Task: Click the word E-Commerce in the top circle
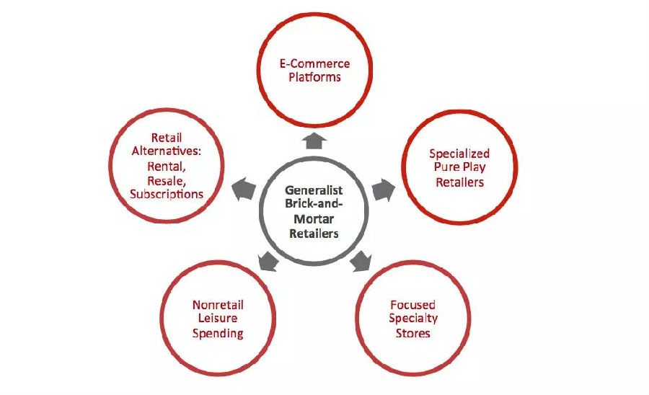(314, 63)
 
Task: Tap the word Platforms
(314, 76)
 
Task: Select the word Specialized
(459, 154)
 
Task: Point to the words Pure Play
(459, 167)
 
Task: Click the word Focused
(412, 305)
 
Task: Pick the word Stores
(412, 333)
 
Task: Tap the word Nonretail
(217, 305)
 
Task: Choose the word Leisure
(217, 319)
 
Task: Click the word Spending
(217, 333)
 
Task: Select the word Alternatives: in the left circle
(167, 151)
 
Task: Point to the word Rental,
(167, 166)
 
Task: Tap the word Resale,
(167, 179)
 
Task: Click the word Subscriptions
(167, 194)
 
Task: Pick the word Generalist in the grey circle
(314, 191)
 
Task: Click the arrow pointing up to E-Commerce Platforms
(314, 141)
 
